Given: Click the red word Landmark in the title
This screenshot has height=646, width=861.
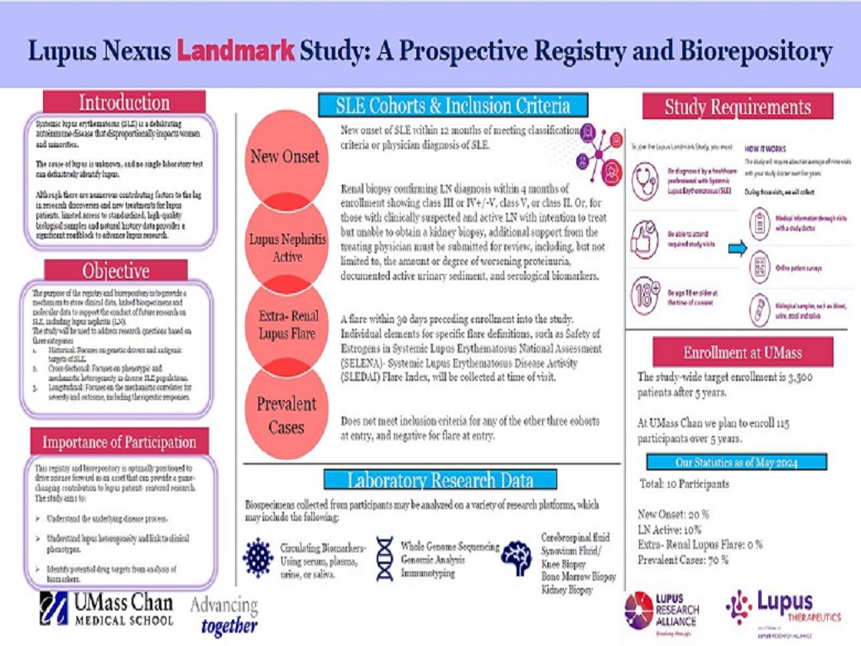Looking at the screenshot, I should click(x=235, y=51).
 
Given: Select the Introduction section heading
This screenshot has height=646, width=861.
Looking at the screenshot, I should click(x=124, y=104).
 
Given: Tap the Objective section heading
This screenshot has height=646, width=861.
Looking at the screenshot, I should click(x=116, y=271).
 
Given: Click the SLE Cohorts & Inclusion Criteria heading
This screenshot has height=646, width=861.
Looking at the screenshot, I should click(x=453, y=105).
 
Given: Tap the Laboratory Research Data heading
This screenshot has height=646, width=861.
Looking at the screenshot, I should click(x=440, y=480).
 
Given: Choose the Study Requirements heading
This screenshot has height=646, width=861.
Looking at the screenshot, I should click(x=738, y=107).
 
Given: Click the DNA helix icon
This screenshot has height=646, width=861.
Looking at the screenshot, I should click(x=384, y=557).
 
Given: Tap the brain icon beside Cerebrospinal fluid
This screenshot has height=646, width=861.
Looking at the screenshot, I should click(x=517, y=557).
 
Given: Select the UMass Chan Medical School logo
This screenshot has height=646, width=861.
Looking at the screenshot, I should click(x=108, y=610).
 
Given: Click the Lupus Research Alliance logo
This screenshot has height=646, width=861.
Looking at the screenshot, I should click(x=662, y=610).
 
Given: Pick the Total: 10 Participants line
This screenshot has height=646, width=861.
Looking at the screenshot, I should click(x=684, y=484).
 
